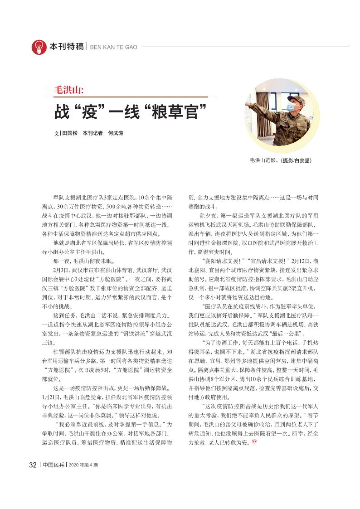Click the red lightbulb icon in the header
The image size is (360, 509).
39,47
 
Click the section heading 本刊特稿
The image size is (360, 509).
67,47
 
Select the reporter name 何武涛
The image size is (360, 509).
116,134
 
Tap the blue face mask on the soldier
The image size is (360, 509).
291,107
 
